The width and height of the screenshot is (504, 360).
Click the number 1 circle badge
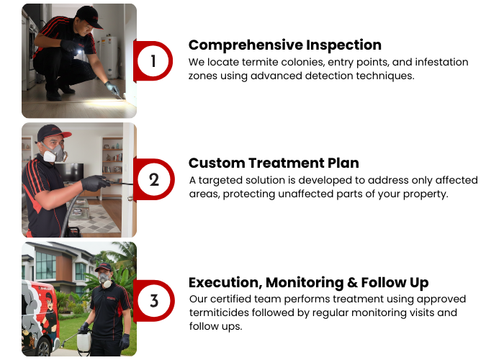153,60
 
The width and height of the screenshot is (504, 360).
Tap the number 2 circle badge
154,179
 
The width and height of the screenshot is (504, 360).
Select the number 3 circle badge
154,301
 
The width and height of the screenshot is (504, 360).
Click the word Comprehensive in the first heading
246,45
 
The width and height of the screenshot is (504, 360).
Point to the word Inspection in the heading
343,45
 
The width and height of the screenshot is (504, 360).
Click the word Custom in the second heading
216,163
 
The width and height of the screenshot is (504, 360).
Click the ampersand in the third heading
352,282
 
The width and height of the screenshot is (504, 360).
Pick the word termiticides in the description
219,312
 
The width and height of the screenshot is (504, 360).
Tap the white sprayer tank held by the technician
84,342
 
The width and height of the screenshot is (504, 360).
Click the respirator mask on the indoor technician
54,153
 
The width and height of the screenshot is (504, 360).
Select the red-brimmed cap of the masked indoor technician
53,132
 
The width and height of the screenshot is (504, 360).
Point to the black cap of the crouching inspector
89,16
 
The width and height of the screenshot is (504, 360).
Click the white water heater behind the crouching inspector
109,57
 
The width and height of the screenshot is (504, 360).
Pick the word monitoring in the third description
369,312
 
